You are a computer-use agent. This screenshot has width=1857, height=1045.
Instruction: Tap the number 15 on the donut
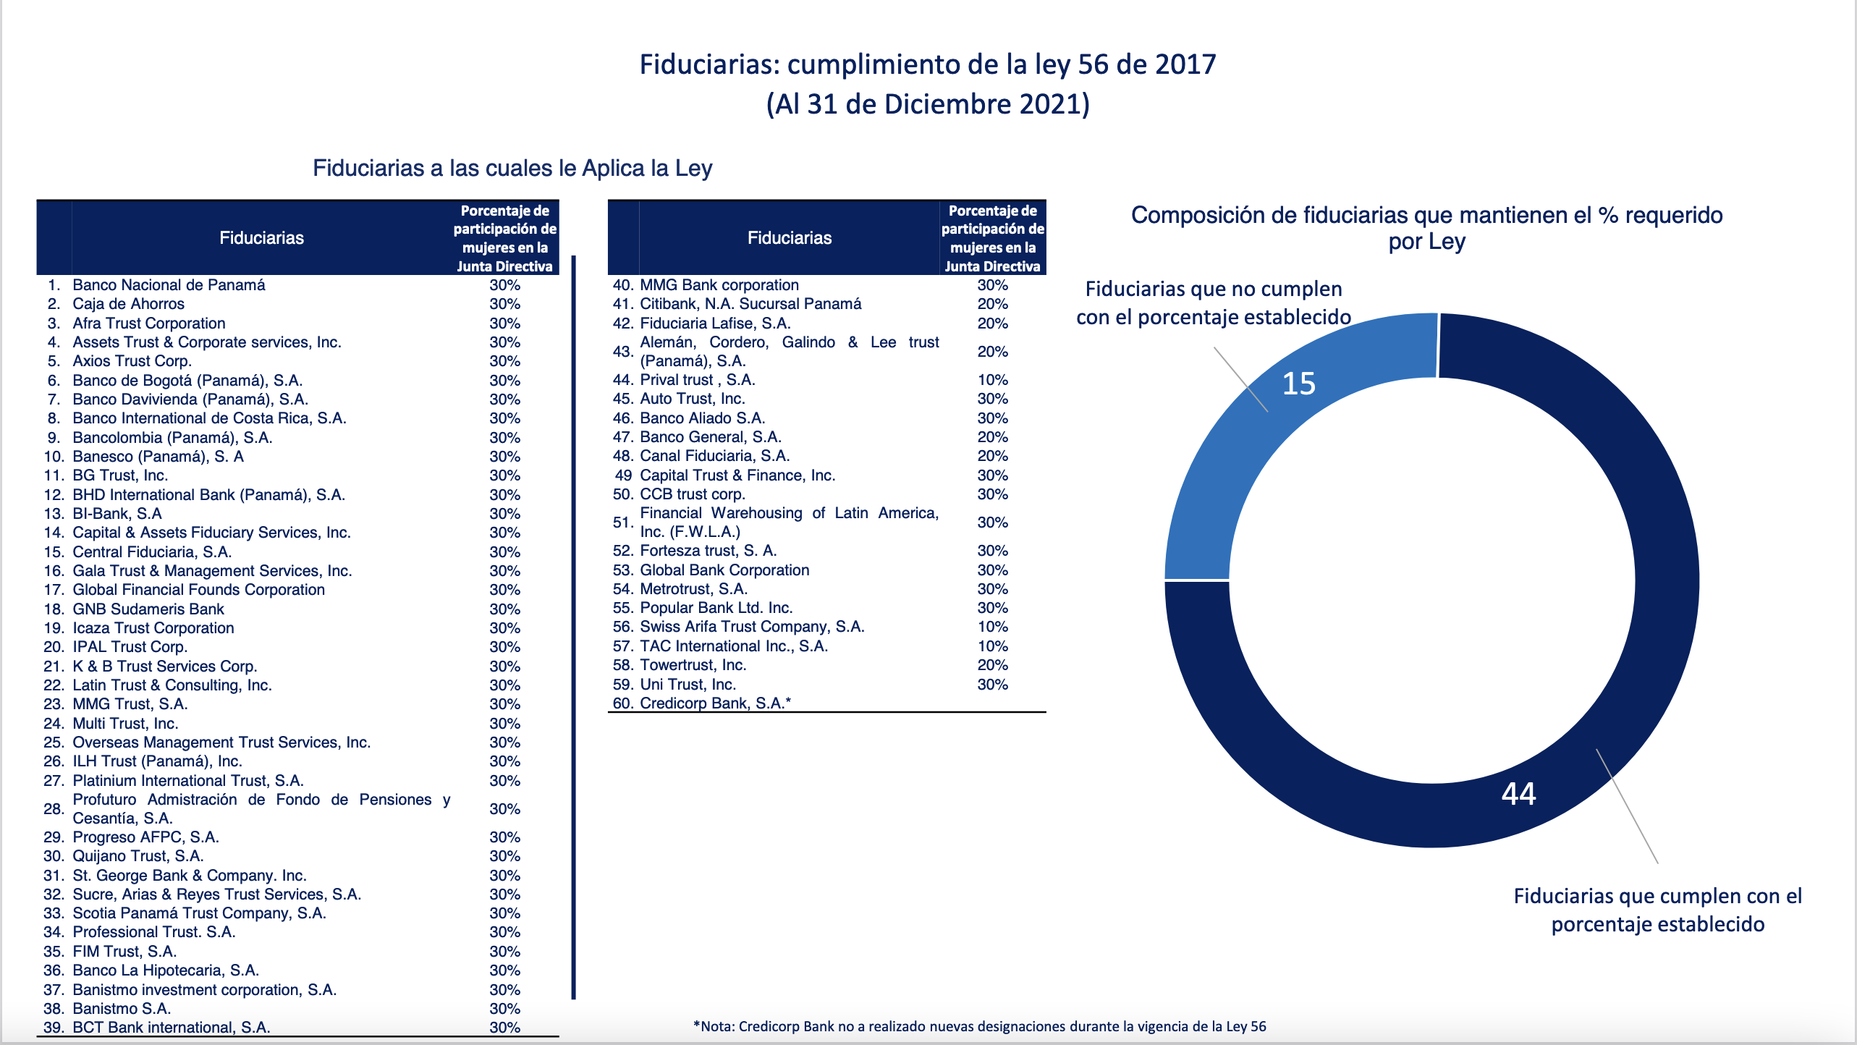click(1298, 384)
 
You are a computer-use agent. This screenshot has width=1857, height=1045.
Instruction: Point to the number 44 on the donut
click(1518, 794)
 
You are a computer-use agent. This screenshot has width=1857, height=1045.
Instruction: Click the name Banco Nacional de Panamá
click(169, 285)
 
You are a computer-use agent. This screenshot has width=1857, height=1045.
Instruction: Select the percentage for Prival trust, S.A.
click(992, 380)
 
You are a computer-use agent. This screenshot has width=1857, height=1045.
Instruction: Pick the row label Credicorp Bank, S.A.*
click(715, 703)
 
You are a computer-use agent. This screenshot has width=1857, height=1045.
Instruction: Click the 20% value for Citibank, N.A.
click(992, 304)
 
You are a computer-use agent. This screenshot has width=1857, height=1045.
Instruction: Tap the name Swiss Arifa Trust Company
click(752, 627)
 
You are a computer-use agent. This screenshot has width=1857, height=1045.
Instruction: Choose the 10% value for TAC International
click(992, 646)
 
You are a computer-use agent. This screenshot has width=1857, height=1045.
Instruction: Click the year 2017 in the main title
click(1185, 64)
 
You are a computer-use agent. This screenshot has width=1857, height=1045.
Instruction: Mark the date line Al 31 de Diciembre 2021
click(928, 104)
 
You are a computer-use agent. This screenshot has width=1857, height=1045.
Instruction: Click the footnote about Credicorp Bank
click(980, 1026)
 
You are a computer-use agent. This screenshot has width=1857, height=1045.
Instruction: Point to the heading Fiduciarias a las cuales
click(512, 168)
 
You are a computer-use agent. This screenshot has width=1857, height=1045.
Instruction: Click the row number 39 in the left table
click(54, 1028)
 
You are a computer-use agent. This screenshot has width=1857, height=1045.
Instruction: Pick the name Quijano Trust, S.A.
click(138, 856)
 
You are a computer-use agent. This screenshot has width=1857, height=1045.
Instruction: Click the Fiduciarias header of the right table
click(789, 238)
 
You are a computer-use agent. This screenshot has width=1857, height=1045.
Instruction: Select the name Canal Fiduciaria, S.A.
click(714, 456)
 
